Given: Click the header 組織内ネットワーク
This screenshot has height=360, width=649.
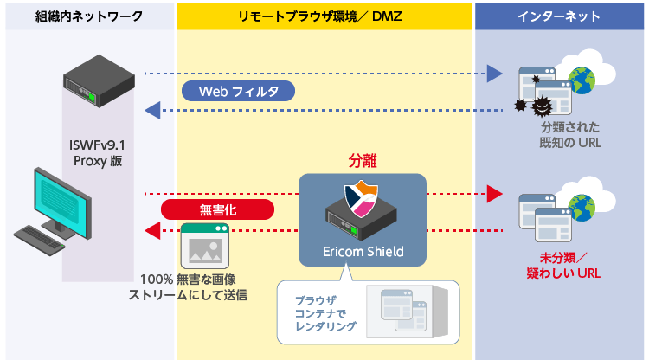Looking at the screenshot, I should point(89,16).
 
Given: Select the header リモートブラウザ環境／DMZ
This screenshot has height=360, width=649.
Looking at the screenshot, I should point(324,16).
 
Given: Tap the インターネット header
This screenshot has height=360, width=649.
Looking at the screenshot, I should point(562,16).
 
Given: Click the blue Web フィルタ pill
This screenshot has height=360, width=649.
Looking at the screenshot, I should point(238,92).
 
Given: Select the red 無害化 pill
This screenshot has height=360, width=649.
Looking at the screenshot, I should point(218,209).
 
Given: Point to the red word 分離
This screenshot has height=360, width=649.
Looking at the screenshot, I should point(363,161).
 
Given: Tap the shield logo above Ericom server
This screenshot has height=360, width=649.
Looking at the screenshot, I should point(363,198).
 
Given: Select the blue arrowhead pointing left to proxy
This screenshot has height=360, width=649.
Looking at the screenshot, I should point(152,110).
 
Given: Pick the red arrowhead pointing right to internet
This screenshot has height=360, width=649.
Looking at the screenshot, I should point(494,193).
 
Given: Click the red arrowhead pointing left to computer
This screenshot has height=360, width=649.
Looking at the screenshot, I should point(152,229).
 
